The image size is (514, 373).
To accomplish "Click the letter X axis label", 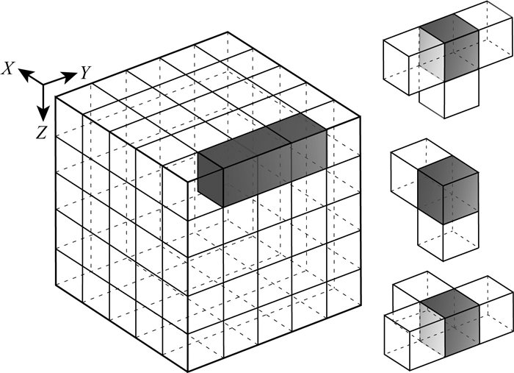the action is coord(8,68).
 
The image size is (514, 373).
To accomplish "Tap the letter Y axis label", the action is coord(85,73).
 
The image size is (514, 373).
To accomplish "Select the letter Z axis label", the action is coord(42,132).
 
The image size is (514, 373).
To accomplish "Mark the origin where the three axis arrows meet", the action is coord(43,85).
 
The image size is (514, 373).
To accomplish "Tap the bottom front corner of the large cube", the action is coord(188,372).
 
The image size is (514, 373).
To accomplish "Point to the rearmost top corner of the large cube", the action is coord(228,32).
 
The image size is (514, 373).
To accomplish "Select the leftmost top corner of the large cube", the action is coord(55,97).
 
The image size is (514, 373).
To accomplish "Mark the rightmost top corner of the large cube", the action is coord(361,116).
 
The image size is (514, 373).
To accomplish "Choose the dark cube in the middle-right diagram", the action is coord(449,190).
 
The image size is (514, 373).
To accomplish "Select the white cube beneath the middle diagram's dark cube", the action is coord(449,236).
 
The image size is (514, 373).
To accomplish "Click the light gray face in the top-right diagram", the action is coord(432,56).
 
